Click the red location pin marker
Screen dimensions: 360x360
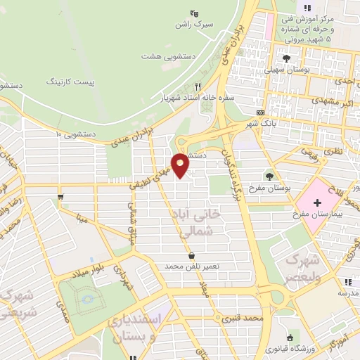click(181, 165)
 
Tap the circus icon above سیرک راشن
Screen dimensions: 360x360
click(195, 13)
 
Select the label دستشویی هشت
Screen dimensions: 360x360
click(163, 56)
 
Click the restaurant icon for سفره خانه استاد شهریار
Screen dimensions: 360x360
click(198, 86)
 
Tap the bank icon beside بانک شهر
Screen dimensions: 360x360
click(260, 112)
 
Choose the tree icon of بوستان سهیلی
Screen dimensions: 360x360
click(285, 58)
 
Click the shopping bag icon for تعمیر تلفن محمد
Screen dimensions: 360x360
click(192, 255)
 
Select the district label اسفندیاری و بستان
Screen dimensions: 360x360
click(137, 326)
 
